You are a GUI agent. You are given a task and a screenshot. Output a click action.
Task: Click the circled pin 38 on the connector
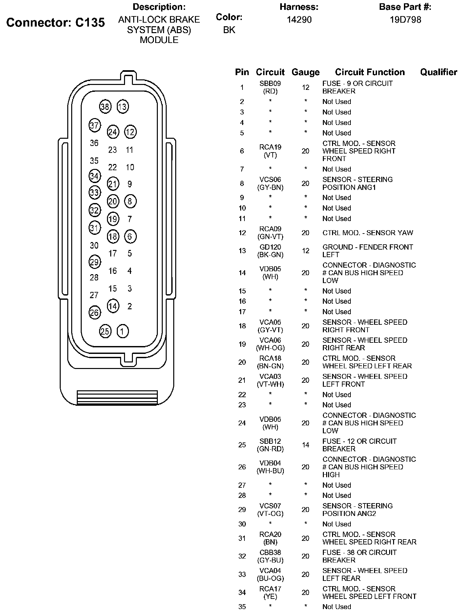pos(105,107)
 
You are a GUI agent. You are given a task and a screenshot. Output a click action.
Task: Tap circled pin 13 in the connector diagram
pos(123,107)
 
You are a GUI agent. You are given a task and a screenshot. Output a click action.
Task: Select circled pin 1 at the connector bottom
pos(122,331)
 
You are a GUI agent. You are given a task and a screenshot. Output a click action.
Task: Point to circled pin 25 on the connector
pos(105,331)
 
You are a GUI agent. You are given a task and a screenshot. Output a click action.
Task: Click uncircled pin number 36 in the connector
pos(94,143)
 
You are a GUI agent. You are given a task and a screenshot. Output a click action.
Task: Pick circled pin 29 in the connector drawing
pos(94,262)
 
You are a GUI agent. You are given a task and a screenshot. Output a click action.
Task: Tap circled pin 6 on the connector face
pos(130,236)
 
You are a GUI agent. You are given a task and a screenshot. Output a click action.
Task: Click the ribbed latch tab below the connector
pos(117,398)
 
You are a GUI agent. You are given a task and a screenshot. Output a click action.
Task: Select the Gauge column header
pos(305,72)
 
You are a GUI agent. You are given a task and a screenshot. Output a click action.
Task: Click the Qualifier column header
pos(438,72)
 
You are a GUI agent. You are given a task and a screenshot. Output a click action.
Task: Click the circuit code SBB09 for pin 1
pos(270,84)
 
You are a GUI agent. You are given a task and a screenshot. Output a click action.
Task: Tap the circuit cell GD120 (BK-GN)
pos(270,251)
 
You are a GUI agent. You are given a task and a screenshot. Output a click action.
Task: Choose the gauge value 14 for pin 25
pos(305,445)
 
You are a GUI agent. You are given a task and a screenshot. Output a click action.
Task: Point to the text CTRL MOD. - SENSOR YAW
pos(367,233)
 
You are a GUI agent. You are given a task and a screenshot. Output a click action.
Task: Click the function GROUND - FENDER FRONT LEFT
pos(367,251)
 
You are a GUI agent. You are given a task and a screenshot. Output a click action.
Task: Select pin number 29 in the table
pos(242,510)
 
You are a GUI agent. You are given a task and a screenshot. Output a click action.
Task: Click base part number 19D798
pos(405,20)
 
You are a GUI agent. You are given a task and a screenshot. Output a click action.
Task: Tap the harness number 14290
pos(299,20)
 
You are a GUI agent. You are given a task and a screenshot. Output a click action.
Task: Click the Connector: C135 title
pos(56,22)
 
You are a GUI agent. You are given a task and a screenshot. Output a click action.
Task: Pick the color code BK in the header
pos(229,30)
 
